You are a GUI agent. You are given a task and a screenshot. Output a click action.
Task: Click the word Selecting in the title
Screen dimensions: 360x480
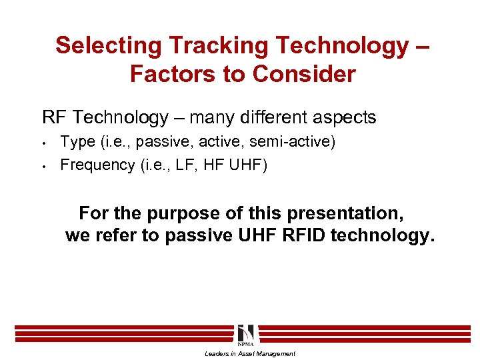click(109, 45)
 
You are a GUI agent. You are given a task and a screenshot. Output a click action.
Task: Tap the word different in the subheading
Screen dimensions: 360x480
click(267, 118)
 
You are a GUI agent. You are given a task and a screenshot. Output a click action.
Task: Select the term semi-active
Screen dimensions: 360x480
click(293, 142)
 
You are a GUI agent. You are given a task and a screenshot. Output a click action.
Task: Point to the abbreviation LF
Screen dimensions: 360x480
click(183, 165)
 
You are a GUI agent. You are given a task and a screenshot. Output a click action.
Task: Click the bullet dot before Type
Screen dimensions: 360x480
click(43, 143)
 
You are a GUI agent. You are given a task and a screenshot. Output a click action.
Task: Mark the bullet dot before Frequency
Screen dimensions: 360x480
click(43, 166)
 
